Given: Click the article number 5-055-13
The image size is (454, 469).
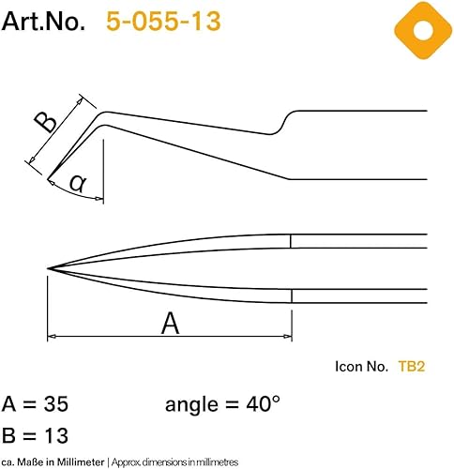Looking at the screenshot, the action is coord(163,22).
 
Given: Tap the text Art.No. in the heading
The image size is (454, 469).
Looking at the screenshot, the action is coord(43,22).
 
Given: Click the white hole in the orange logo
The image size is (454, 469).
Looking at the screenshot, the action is coord(423,31).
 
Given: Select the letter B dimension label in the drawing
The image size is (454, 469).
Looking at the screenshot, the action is coord(46,122).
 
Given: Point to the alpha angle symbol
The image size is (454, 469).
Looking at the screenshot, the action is coord(77,183).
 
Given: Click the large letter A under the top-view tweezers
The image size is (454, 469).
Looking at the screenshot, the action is coord(171,324).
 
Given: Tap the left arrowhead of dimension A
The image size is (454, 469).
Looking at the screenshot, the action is coord(52,337).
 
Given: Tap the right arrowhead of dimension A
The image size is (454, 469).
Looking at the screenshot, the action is coord(287,337).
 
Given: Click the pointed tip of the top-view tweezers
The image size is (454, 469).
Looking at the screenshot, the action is coord(48,268).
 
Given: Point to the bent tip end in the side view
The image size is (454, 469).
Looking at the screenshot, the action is coord(49,179).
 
